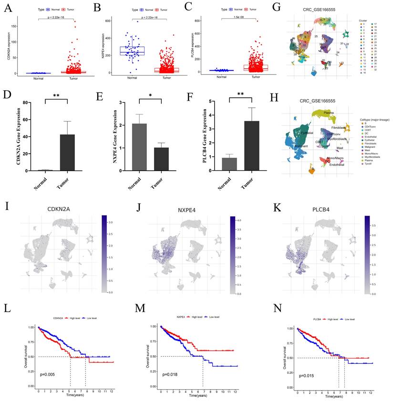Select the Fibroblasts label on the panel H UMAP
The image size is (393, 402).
339,127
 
